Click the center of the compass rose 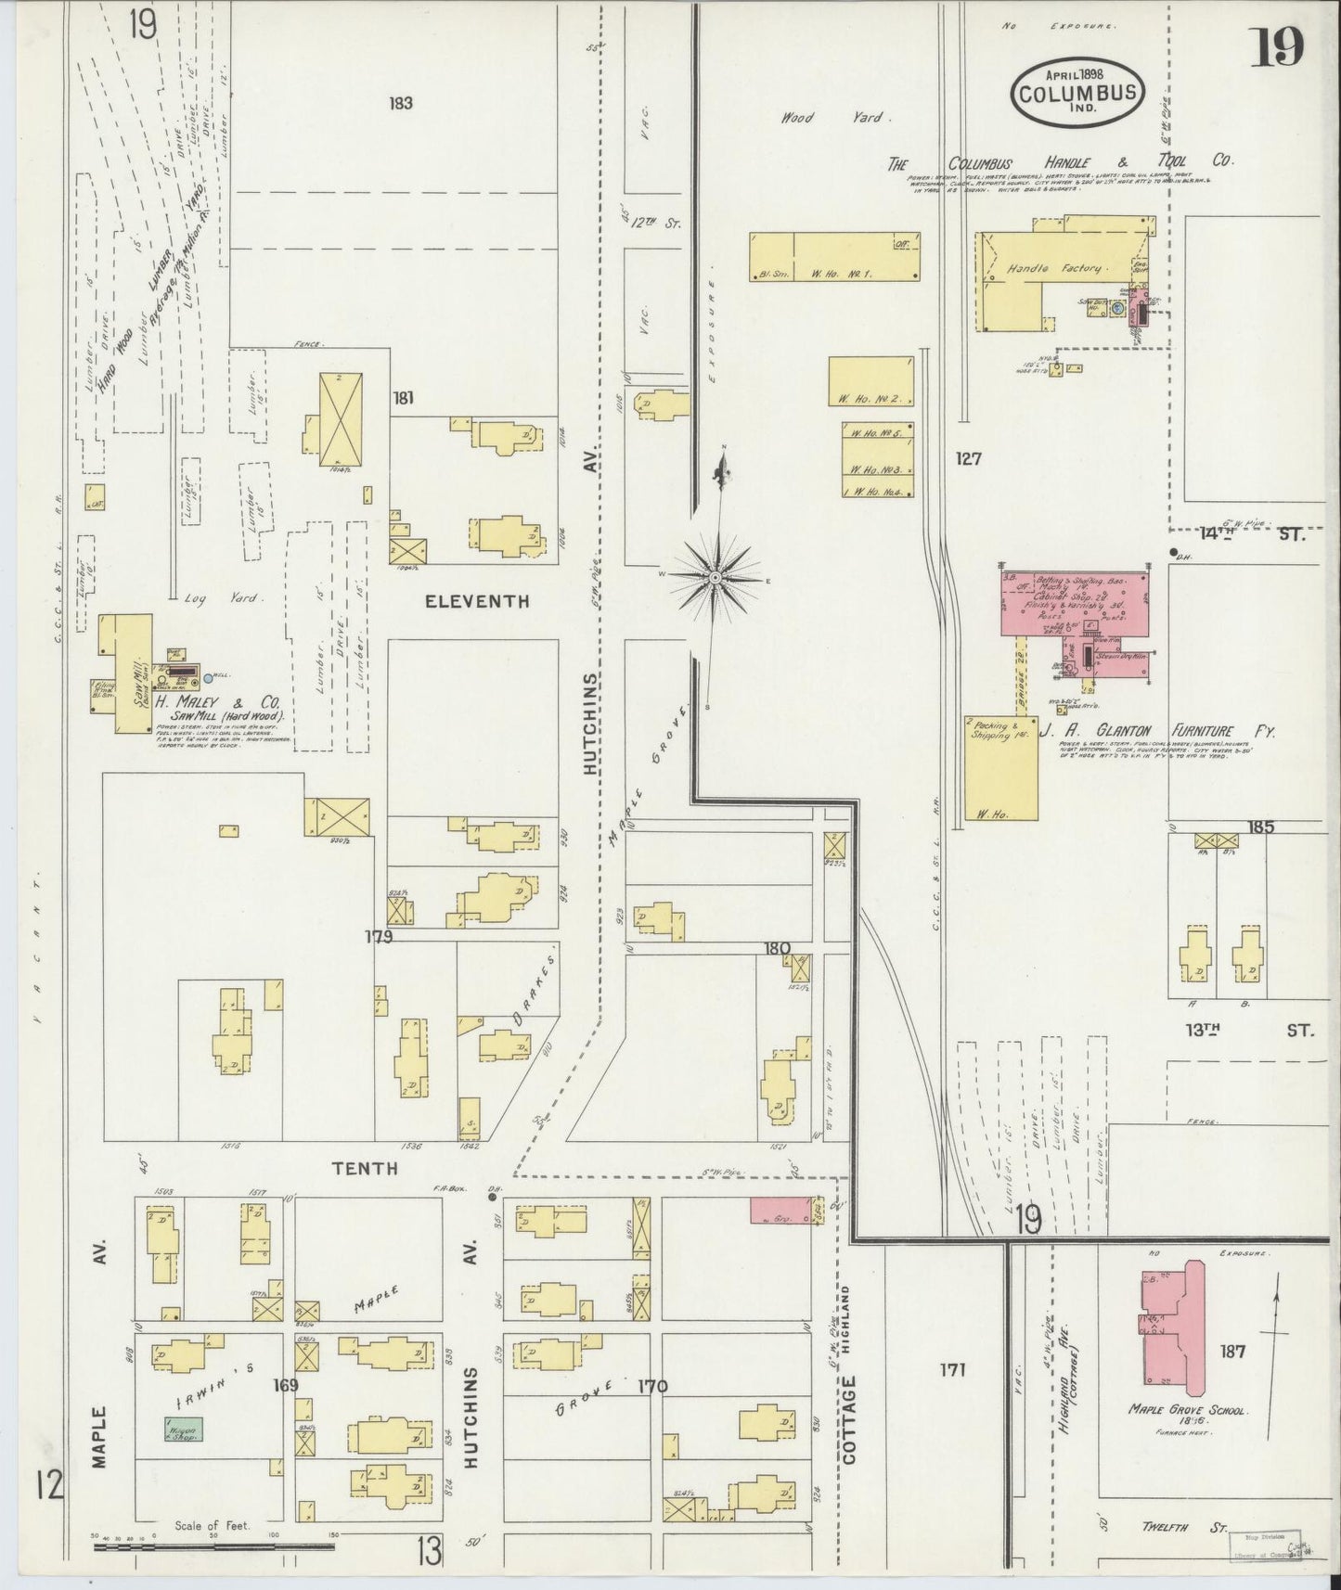[716, 578]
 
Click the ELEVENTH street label [476, 601]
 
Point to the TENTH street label [365, 1169]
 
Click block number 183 [401, 103]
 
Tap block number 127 [969, 458]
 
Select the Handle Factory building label [1054, 269]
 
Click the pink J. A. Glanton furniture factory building [1074, 603]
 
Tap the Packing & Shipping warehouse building [1000, 768]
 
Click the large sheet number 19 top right [1277, 47]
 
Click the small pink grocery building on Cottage [776, 1211]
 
